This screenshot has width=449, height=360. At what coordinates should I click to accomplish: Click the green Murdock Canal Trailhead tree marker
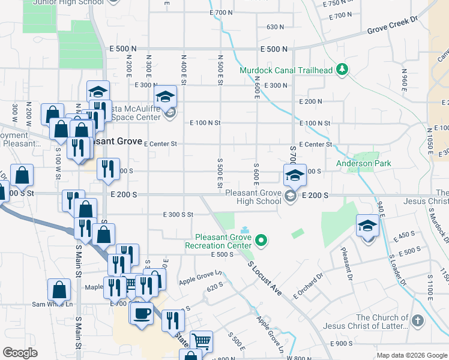(x=342, y=70)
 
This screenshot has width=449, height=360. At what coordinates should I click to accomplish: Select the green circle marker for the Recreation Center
(x=261, y=242)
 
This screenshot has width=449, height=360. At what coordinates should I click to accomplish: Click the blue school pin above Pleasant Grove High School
(x=295, y=176)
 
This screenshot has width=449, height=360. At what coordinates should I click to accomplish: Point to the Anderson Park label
(x=363, y=163)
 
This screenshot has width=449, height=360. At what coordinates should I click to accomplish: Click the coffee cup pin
(x=142, y=313)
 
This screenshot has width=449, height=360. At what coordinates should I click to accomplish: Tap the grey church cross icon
(x=418, y=322)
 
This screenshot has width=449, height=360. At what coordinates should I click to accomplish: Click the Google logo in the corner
(x=19, y=353)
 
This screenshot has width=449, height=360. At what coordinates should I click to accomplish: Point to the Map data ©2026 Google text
(x=412, y=355)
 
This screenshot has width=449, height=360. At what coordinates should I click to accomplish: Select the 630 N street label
(x=275, y=27)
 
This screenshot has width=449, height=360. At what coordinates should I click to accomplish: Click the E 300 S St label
(x=178, y=214)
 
